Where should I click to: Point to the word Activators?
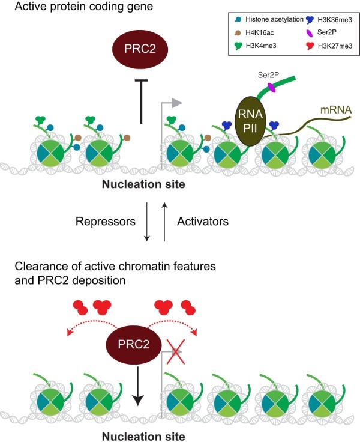(x=203, y=221)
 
